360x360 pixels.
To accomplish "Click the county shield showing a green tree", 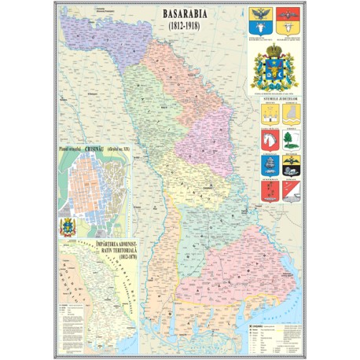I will (291, 140).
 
